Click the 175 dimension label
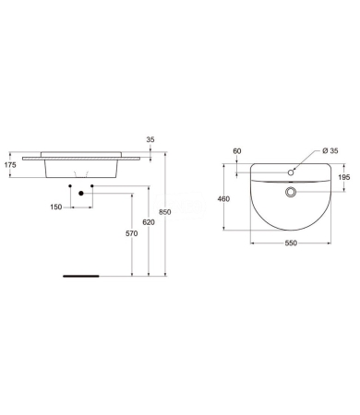tap(11, 166)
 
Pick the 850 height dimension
tap(165, 212)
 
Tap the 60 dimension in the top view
tap(237, 150)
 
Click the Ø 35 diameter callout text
tap(329, 150)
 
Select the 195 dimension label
tap(344, 178)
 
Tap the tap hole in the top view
tap(291, 172)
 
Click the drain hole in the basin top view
tap(291, 193)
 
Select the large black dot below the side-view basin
tap(82, 193)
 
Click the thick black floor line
tap(78, 275)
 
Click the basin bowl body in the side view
tap(83, 166)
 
